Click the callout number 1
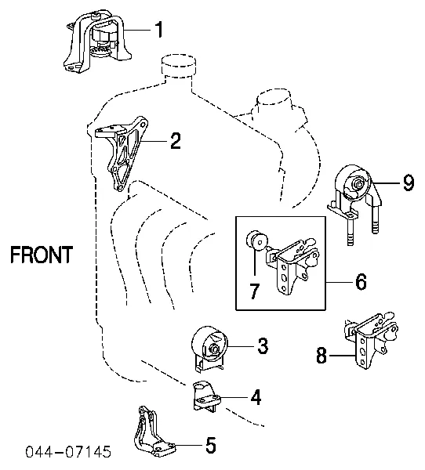[159, 30]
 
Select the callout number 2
[176, 141]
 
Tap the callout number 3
[263, 345]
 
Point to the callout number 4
[256, 397]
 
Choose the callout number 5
[211, 445]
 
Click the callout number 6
[361, 282]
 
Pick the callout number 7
[254, 290]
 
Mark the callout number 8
[321, 356]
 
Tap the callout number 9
[409, 183]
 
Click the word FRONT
[42, 255]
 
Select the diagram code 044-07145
[68, 451]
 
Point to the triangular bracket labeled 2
[122, 154]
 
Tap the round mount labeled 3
[209, 349]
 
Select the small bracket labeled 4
[206, 396]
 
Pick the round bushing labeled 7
[257, 240]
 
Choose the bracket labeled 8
[371, 340]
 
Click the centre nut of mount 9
[357, 183]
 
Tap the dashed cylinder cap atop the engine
[179, 63]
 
